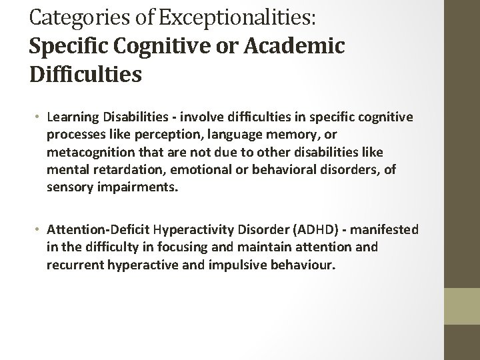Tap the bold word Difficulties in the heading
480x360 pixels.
[85, 72]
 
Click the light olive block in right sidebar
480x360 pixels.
[462, 306]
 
